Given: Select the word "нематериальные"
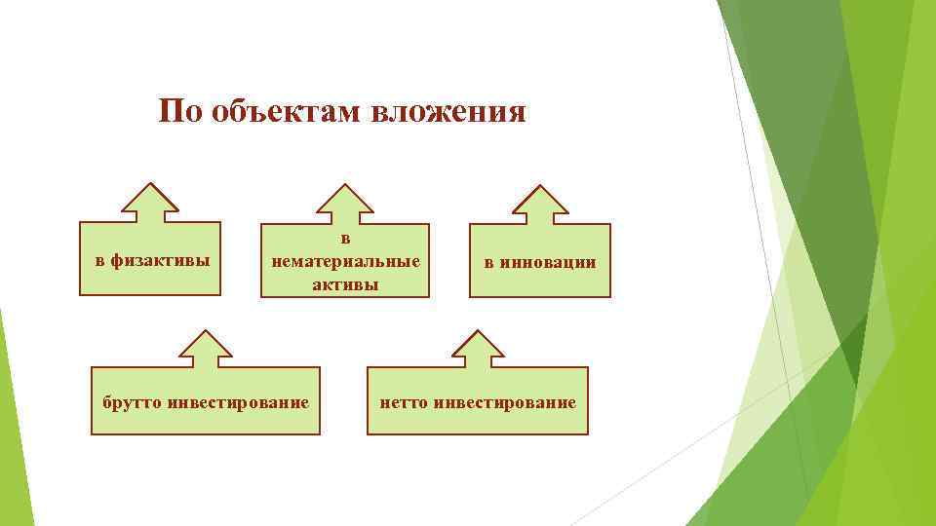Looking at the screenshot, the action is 346,261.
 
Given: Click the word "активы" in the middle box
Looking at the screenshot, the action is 345,284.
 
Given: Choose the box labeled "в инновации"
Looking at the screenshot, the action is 540,261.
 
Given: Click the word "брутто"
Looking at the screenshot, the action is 134,401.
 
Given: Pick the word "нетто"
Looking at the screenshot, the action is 403,401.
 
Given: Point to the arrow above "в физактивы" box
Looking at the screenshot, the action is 150,204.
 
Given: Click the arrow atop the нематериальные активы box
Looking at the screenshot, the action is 345,204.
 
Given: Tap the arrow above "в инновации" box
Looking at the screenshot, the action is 540,204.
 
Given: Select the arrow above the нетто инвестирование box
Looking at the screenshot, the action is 477,349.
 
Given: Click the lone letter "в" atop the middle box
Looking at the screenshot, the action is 345,238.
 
